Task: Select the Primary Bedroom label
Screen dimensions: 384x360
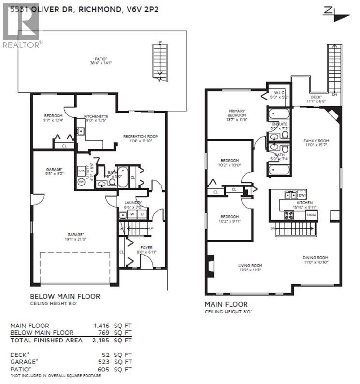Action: tap(237, 113)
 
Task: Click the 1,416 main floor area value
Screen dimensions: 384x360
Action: tap(101, 326)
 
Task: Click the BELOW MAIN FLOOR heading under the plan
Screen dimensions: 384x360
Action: tap(65, 296)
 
